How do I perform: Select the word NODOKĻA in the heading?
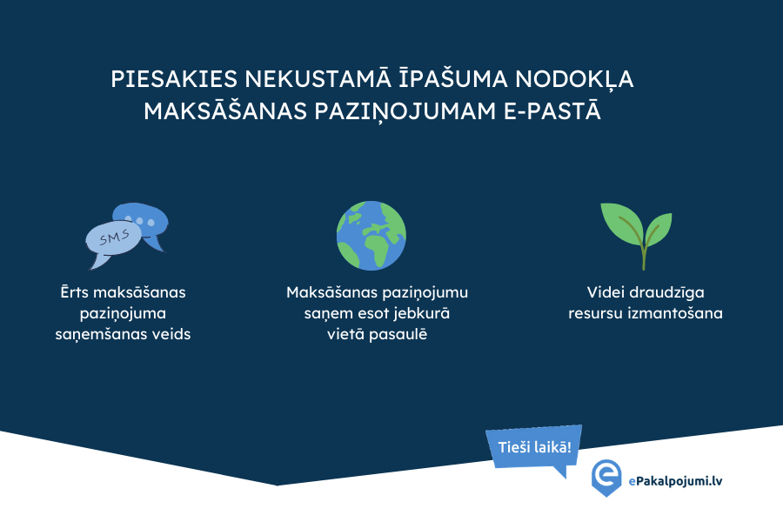[x=574, y=80]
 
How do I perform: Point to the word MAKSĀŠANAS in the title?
[x=225, y=110]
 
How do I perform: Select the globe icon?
[x=371, y=236]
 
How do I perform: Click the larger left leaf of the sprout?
[x=622, y=222]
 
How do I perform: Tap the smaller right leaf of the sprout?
[x=659, y=228]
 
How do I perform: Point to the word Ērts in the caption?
[x=75, y=291]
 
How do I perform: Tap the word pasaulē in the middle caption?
[x=398, y=333]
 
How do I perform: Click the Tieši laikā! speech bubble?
[x=534, y=447]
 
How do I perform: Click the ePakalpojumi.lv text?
[x=675, y=481]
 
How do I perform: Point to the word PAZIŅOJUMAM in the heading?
[x=405, y=111]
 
